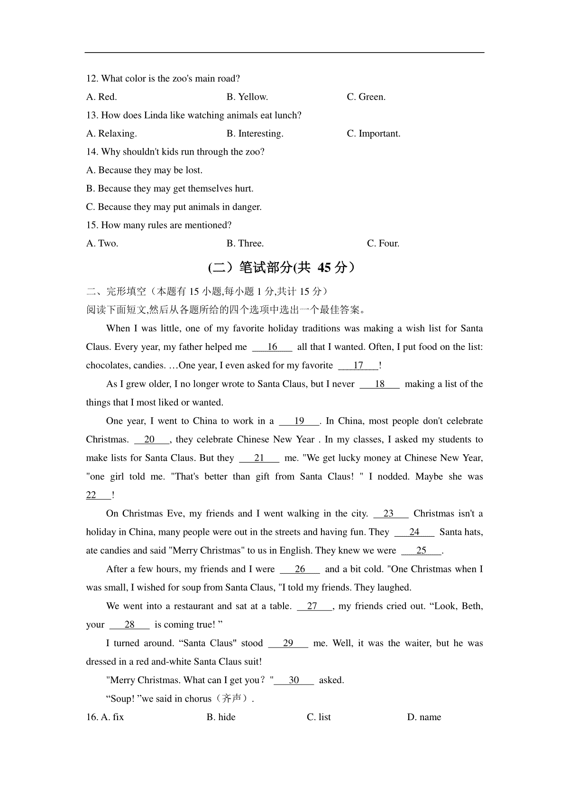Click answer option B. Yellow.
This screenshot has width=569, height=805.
click(x=247, y=97)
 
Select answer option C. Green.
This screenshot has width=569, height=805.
click(x=366, y=97)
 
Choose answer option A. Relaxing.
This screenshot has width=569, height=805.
click(x=111, y=134)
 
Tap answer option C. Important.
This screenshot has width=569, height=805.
click(x=374, y=134)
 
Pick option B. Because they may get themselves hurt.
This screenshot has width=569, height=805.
click(x=170, y=189)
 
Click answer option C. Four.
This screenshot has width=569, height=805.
click(x=383, y=244)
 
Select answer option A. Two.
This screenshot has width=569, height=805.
click(x=102, y=244)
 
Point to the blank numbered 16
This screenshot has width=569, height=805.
click(x=272, y=347)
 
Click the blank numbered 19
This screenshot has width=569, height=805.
click(x=299, y=421)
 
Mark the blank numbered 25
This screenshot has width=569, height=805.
click(x=422, y=550)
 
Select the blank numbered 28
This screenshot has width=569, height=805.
click(x=129, y=625)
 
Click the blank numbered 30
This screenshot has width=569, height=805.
click(x=294, y=680)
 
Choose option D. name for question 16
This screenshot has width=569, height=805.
click(x=424, y=717)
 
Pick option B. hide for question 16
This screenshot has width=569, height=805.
click(x=221, y=717)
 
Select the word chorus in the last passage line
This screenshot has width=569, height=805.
click(x=199, y=699)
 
